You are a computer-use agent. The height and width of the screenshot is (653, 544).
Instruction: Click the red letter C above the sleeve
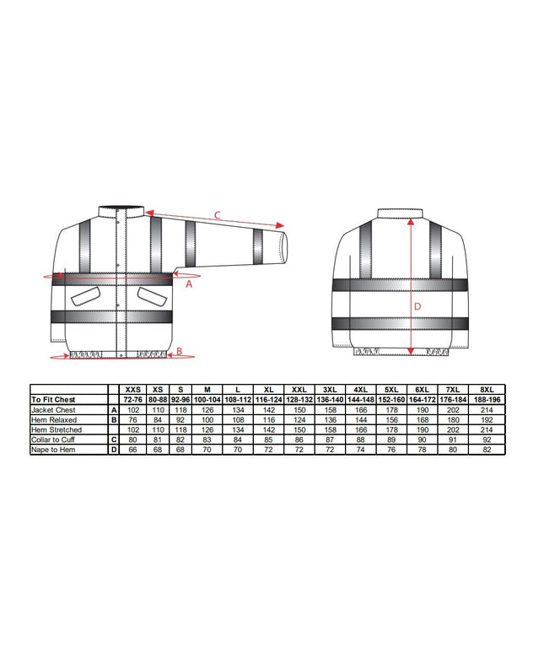pos(217,216)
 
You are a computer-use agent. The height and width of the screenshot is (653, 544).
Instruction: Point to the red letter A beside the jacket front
pos(189,285)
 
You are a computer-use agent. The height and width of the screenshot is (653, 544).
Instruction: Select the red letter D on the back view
pos(417,306)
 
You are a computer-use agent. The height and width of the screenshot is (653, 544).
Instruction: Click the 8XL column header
pos(486,391)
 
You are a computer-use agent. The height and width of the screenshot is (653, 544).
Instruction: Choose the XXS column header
pos(133,391)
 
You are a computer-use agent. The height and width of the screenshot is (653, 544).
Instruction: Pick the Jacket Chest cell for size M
pos(207,410)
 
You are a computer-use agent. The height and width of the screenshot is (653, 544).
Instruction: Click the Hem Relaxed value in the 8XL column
pos(486,420)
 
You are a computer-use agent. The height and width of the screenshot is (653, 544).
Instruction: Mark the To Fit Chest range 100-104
pos(207,400)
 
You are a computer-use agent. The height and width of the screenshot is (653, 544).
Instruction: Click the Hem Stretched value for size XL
pos(269,430)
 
